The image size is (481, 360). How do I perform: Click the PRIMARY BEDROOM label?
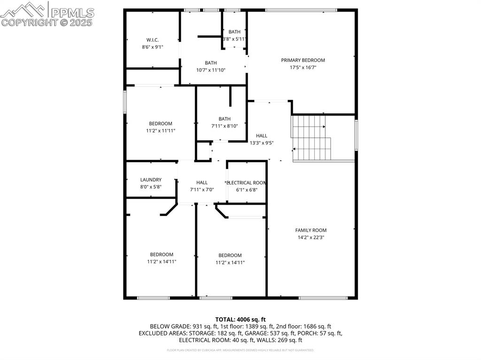tap(303, 60)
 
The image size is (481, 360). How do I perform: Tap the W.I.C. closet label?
tap(153, 39)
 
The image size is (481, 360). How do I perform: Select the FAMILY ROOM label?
tap(310, 230)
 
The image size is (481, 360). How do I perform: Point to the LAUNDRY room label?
tap(151, 179)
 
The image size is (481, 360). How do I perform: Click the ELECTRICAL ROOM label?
tap(247, 183)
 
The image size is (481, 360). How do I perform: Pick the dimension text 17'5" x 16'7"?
tap(303, 68)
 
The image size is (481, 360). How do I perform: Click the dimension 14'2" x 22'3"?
tap(310, 237)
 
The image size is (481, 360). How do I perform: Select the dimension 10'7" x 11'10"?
tap(210, 70)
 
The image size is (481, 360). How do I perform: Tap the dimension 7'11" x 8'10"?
tap(225, 126)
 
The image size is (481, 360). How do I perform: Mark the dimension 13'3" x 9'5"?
tap(262, 143)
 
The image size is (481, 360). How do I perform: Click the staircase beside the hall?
tap(311, 138)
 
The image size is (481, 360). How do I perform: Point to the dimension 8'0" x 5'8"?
tap(151, 187)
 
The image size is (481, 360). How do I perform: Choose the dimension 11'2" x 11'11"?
tap(161, 131)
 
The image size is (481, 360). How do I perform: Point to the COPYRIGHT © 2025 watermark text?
tap(47, 22)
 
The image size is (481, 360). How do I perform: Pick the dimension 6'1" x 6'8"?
tap(247, 190)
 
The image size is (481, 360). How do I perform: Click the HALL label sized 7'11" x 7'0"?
tap(202, 183)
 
